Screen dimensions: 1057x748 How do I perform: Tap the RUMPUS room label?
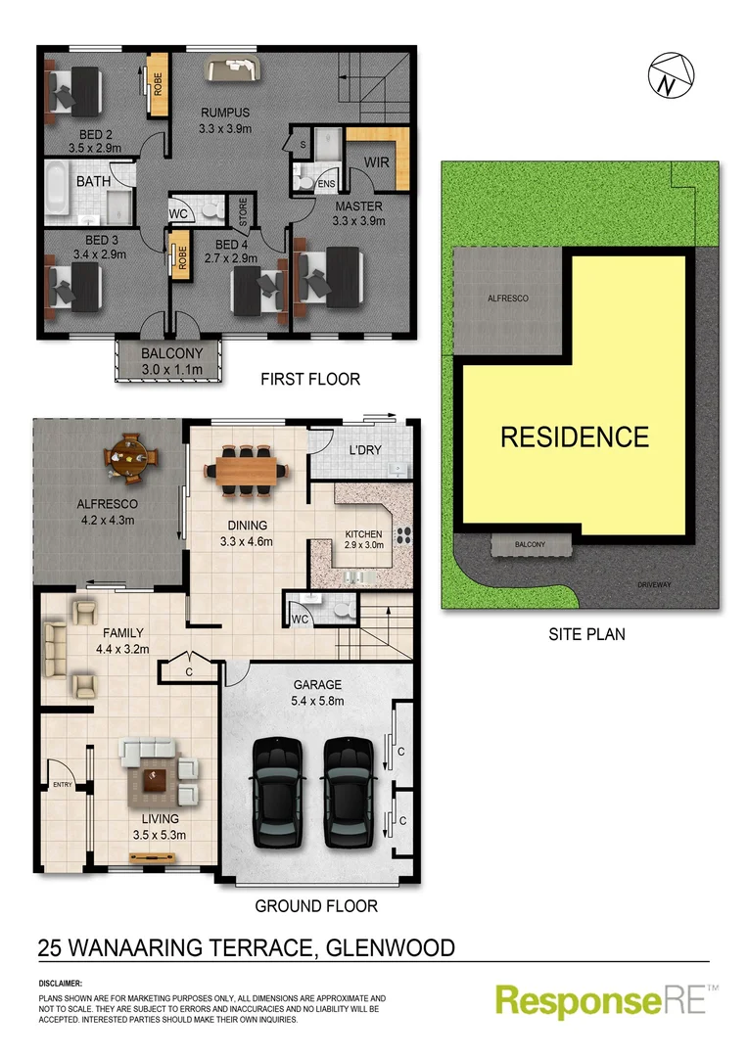click(226, 113)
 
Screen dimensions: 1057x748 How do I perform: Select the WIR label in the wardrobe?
click(378, 161)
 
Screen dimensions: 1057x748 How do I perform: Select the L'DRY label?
click(364, 452)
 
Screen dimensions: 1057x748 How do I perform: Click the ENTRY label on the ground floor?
click(63, 785)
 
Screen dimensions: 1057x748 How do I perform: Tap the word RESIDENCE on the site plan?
click(575, 437)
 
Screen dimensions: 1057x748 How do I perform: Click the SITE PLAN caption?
click(586, 634)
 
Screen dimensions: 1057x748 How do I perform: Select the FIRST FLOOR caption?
click(310, 379)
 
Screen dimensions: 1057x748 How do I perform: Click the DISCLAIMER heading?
click(61, 982)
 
